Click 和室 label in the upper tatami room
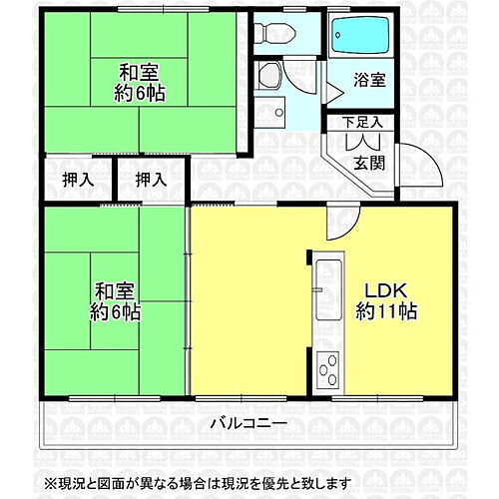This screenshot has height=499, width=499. pyautogui.click(x=139, y=72)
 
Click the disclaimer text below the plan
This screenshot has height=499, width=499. pyautogui.click(x=249, y=483)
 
